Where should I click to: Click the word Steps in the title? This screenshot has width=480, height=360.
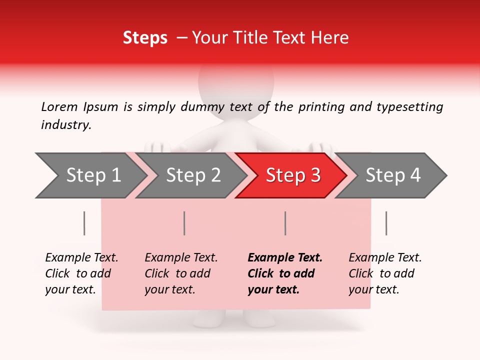tap(145, 38)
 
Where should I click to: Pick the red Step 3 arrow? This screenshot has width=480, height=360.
tap(293, 175)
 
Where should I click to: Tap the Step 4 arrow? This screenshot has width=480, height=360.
tap(393, 175)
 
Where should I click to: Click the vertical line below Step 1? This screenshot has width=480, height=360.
tap(84, 223)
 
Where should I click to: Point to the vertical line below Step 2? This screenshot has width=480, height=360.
tap(184, 223)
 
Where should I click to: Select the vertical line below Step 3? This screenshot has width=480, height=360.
tap(285, 223)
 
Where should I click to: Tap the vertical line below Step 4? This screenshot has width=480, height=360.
tap(386, 223)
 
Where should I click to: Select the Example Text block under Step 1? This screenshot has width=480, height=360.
tap(81, 273)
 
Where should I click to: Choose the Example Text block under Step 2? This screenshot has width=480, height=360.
tap(181, 273)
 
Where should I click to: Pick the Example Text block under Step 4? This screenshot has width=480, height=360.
tap(385, 273)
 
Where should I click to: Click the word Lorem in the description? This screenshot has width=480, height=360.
tap(59, 106)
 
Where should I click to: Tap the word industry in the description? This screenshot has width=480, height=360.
tap(65, 125)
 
